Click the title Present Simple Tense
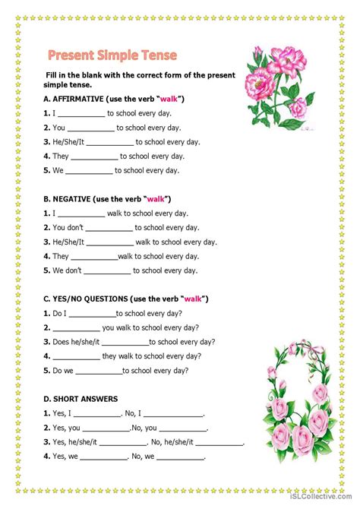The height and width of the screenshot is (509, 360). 112,55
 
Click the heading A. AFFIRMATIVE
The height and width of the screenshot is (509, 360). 114,100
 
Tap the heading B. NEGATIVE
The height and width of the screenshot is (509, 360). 106,199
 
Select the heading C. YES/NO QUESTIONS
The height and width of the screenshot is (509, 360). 126,299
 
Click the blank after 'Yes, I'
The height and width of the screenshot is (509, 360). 97,414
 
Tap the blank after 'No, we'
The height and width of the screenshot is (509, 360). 180,457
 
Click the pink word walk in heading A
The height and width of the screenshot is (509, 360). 169,100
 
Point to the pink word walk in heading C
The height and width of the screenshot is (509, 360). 194,299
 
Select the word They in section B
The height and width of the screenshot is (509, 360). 61,257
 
